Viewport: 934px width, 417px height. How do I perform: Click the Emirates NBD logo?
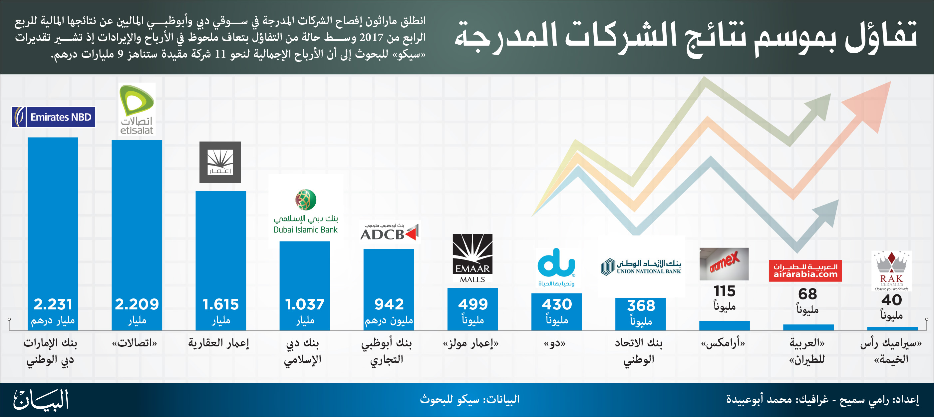tap(54, 117)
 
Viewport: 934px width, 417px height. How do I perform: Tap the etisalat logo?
tap(137, 109)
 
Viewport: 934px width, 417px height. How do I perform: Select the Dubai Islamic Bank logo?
tap(306, 211)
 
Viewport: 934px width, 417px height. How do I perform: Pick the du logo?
tap(556, 267)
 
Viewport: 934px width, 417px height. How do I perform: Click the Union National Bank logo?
tap(641, 266)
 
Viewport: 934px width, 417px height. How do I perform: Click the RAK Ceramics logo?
tap(892, 271)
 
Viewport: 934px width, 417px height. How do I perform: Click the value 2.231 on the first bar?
tap(53, 304)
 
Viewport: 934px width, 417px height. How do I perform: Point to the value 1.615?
tap(220, 304)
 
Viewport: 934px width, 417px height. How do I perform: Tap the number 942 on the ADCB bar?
tap(389, 304)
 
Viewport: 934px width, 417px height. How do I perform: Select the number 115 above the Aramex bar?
tap(725, 291)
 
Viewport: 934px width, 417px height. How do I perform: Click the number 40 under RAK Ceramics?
tap(892, 300)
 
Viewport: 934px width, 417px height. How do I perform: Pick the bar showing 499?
tap(472, 309)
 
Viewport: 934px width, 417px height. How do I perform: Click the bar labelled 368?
tap(641, 314)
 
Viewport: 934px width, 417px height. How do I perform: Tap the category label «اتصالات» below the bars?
tap(135, 343)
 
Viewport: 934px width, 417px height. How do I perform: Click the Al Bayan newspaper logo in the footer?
tap(41, 400)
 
